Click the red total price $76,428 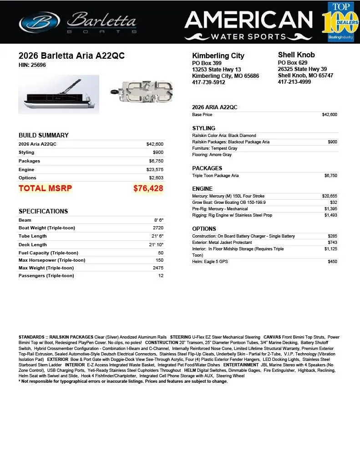(148, 188)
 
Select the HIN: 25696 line (32, 65)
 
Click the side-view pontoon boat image (58, 95)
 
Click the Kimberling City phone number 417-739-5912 (208, 82)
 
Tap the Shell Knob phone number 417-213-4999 (294, 82)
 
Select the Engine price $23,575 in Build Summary (155, 169)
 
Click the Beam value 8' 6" (158, 220)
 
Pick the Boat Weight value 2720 (158, 228)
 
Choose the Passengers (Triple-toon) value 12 (161, 275)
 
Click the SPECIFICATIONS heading (43, 211)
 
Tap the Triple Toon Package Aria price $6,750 (330, 176)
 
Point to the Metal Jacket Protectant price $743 (332, 243)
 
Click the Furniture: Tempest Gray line (214, 148)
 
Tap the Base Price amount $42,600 (330, 115)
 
